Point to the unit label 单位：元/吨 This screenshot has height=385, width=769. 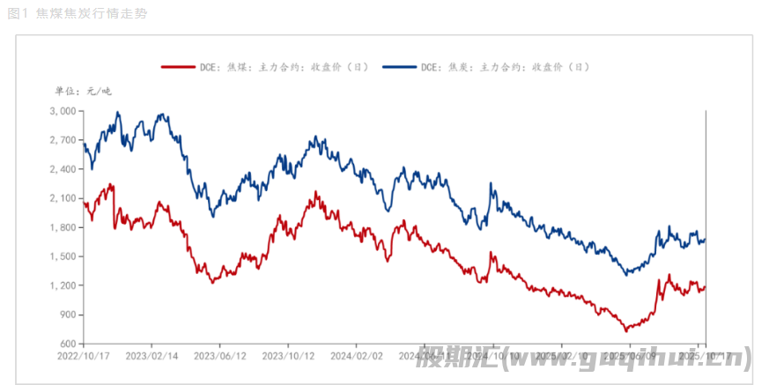[x=84, y=91]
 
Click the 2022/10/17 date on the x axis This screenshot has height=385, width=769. [x=84, y=356]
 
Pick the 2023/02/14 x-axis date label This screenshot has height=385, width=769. [x=152, y=356]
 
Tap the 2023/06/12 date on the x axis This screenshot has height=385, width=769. [x=219, y=356]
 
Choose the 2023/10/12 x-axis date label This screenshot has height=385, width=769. [x=287, y=356]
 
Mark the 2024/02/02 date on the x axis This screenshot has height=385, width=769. [x=355, y=356]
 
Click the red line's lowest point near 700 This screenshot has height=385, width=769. [x=626, y=331]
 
